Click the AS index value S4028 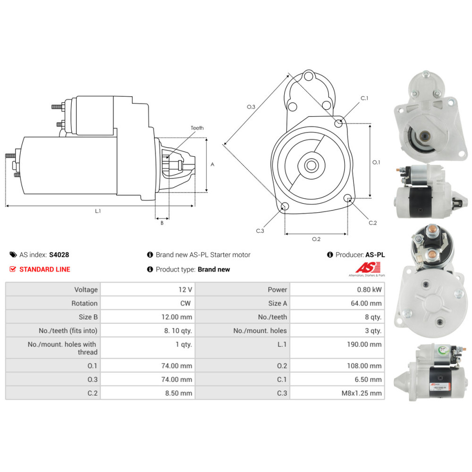[x=59, y=255]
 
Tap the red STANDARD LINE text [x=44, y=270]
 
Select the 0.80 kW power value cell [x=337, y=290]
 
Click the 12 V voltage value [x=185, y=290]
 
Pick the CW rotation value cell [x=148, y=303]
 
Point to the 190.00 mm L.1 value [x=364, y=344]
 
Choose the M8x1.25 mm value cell [x=337, y=393]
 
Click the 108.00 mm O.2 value [x=364, y=366]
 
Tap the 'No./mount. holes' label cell [x=243, y=330]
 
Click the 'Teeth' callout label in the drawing [x=197, y=128]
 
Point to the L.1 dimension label [x=98, y=211]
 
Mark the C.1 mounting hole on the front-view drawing [x=338, y=123]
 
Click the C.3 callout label [x=260, y=231]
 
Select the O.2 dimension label [x=316, y=239]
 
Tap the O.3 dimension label [x=251, y=107]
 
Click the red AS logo [x=368, y=267]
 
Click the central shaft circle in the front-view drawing [x=311, y=165]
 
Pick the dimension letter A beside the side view [x=212, y=164]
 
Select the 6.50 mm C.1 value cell [x=337, y=379]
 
